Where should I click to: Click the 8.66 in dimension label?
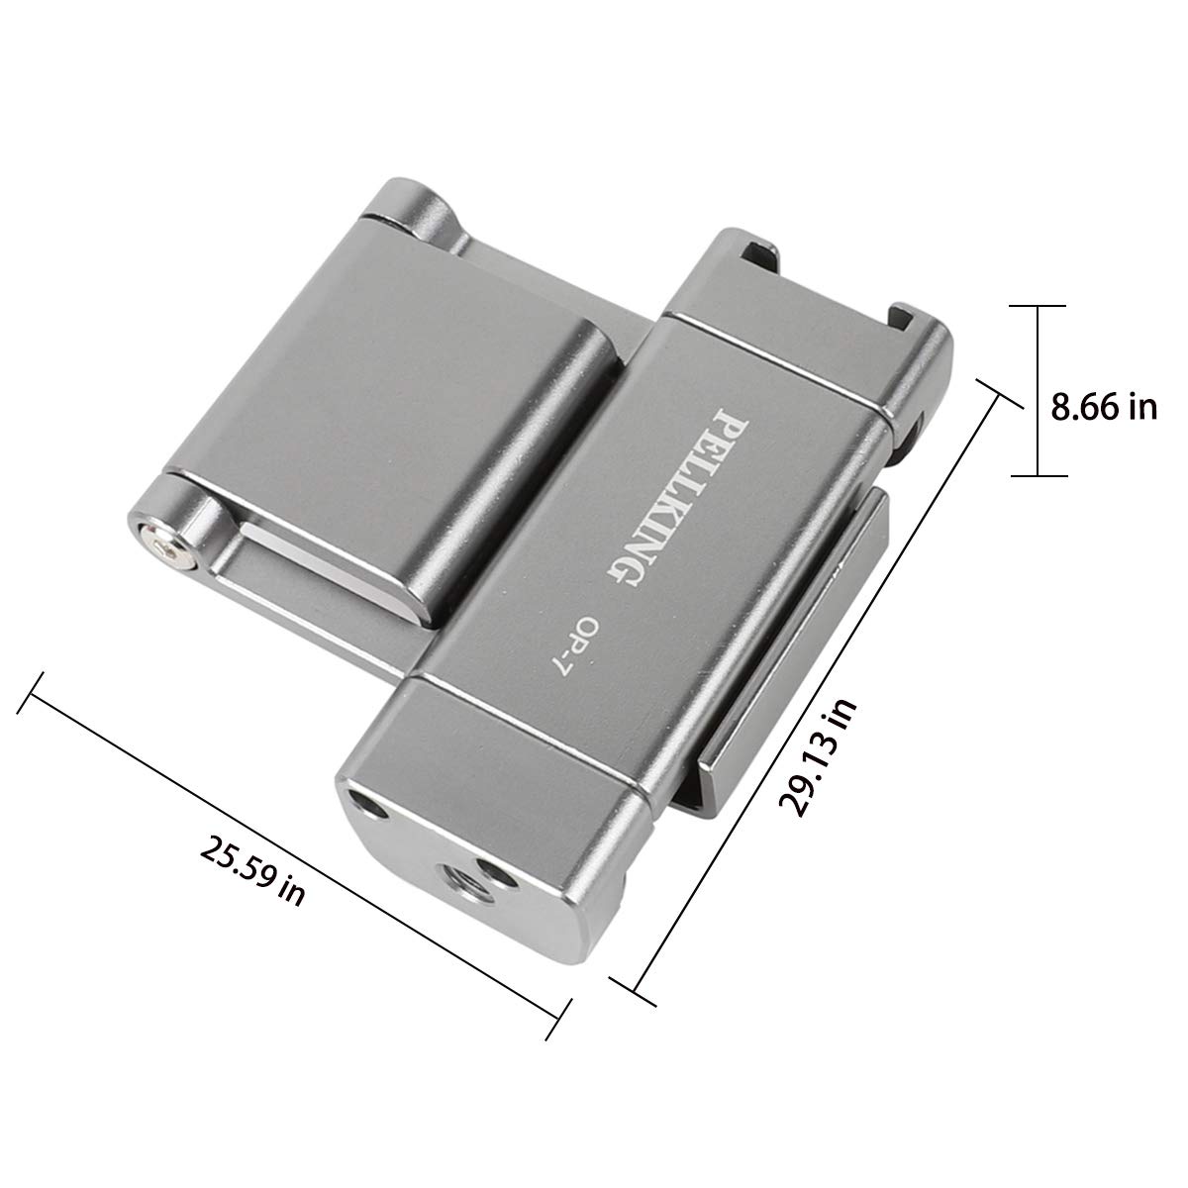tap(1104, 408)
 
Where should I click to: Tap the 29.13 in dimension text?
tap(818, 758)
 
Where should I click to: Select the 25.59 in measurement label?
tap(252, 871)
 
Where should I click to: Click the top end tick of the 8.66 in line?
tap(1039, 306)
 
